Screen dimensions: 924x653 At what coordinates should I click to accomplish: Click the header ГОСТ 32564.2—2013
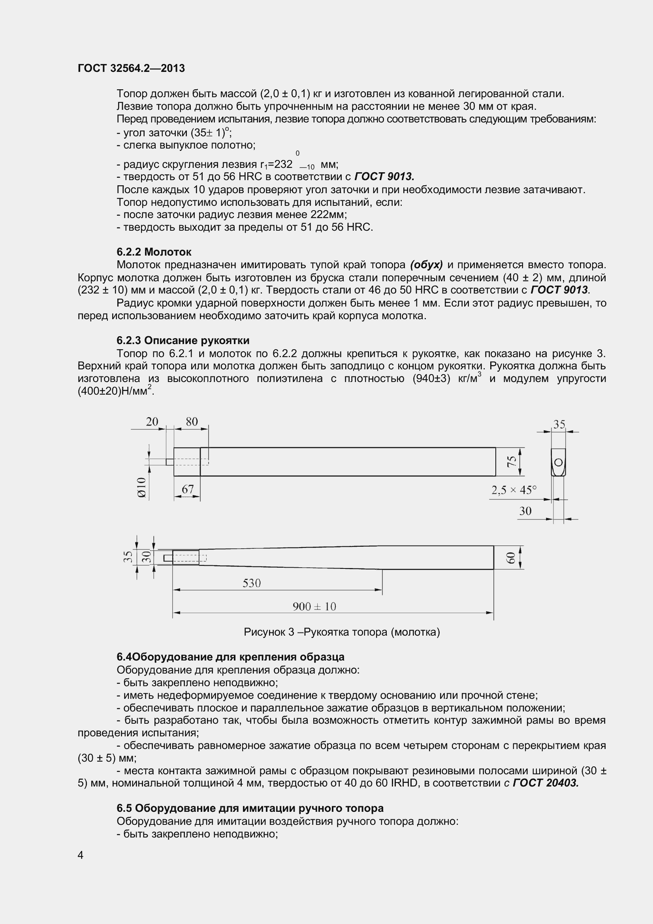pos(131,68)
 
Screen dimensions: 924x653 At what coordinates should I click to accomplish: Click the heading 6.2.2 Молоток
pos(154,252)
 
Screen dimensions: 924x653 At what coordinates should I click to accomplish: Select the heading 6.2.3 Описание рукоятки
pos(183,341)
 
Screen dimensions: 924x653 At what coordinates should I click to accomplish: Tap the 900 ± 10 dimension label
pos(314,606)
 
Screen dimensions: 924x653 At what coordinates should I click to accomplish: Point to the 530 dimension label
pos(252,583)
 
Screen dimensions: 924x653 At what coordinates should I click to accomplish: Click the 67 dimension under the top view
pos(188,489)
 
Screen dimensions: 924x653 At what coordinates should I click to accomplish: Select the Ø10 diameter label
pos(142,488)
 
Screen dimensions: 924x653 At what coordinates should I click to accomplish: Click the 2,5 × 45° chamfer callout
pos(514,490)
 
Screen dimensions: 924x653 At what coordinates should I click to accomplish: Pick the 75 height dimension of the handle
pos(511,461)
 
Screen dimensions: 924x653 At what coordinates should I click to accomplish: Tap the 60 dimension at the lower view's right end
pos(510,558)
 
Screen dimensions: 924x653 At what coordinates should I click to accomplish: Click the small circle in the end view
pos(558,463)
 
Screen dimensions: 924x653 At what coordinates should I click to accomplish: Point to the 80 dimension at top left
pos(192,422)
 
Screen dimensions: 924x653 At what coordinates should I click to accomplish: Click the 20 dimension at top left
pos(152,422)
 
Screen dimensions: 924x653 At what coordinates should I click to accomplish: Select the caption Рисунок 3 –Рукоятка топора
pos(342,632)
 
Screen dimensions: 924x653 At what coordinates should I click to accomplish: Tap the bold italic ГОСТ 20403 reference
pos(546,783)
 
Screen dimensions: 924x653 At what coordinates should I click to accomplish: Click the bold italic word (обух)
pos(426,265)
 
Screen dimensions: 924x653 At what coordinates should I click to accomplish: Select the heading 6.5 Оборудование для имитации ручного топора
pos(250,808)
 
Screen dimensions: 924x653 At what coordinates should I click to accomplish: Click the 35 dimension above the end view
pos(559,424)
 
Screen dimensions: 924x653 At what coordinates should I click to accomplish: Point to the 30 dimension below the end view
pos(525,511)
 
